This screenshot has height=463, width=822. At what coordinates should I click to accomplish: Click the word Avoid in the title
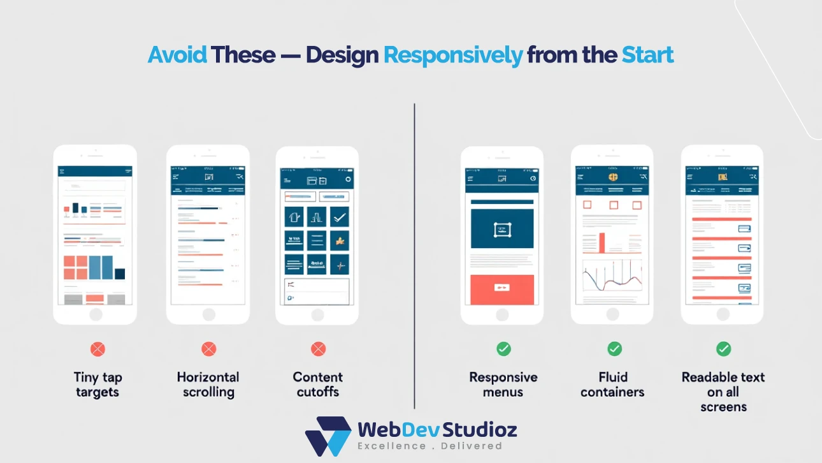coord(177,55)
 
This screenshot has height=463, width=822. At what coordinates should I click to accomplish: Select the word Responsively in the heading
coord(452,55)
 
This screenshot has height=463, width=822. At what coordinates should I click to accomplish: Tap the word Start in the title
coord(647,55)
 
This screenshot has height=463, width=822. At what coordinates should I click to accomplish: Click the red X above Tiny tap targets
coord(97,349)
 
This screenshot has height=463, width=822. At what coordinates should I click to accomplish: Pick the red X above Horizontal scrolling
coord(208,349)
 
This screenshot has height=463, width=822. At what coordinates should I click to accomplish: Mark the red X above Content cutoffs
coord(318,349)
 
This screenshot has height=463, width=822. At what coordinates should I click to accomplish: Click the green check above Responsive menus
coord(503,349)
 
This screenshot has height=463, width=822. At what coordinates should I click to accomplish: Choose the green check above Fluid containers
coord(614,349)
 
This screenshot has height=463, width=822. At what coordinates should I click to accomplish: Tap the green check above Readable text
coord(723,349)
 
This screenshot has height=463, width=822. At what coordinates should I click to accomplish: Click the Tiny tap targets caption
coord(96,385)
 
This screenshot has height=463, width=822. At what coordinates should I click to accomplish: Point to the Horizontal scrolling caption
coord(208,385)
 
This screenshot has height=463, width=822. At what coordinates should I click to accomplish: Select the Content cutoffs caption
coord(318,385)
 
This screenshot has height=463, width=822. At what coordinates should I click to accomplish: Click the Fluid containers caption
coord(613,385)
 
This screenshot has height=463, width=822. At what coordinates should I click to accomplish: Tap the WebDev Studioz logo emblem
coord(328,436)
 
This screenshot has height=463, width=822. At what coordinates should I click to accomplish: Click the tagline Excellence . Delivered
coord(429,446)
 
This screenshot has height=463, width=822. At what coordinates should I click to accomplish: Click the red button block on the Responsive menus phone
coord(501,290)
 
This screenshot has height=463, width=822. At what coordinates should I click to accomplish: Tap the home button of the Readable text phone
coord(722,314)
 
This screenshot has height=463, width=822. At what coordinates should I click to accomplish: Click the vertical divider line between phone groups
coord(414,255)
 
